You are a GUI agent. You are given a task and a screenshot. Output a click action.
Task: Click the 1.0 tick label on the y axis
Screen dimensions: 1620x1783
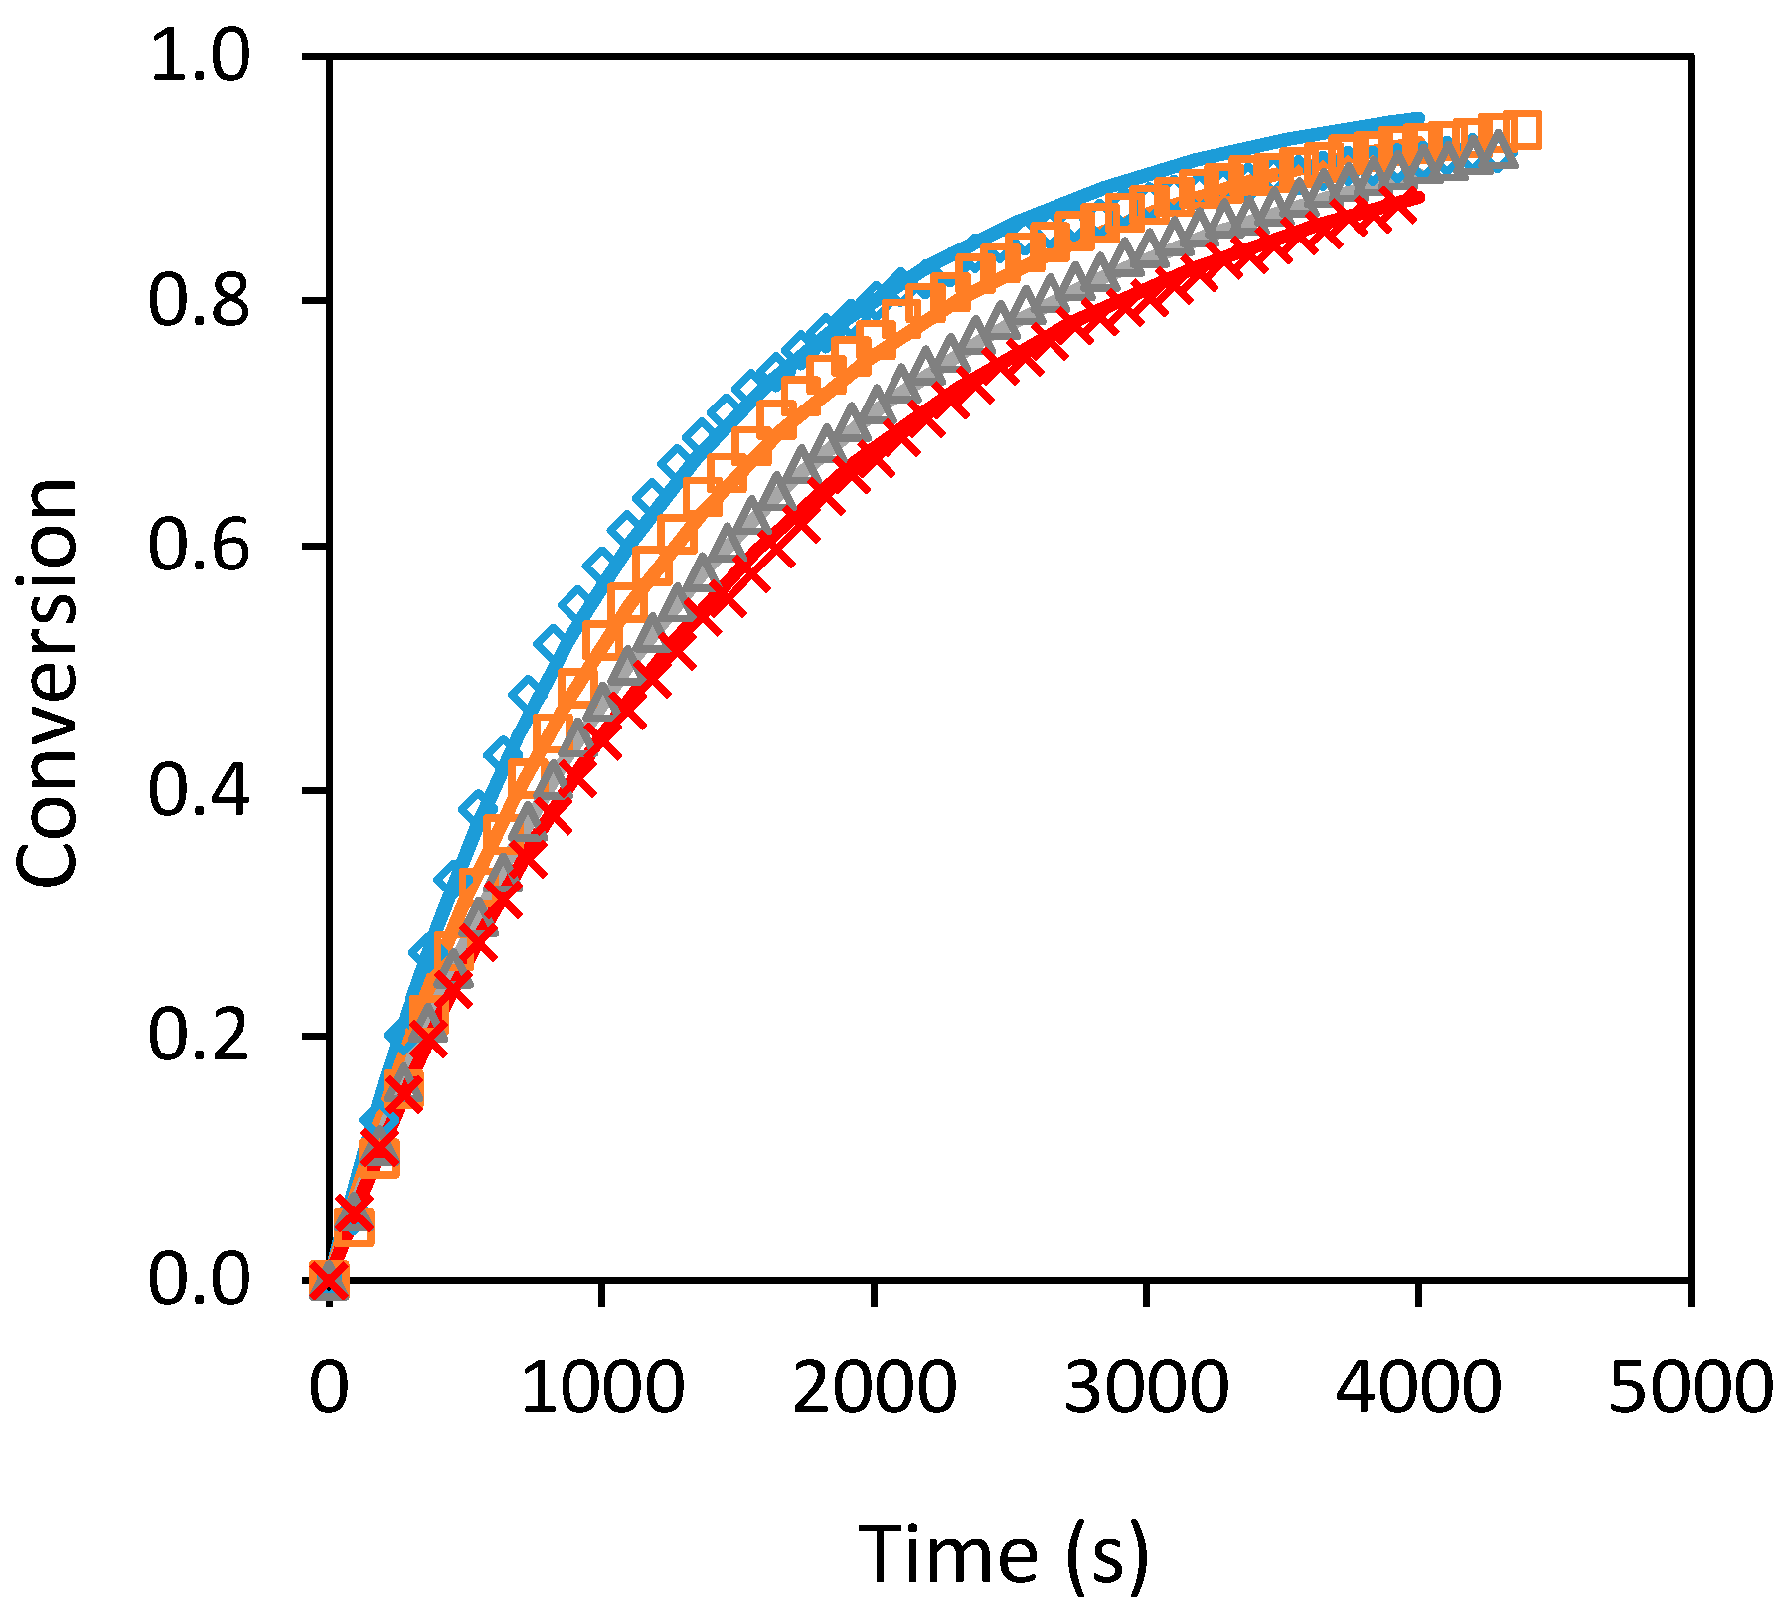(x=198, y=57)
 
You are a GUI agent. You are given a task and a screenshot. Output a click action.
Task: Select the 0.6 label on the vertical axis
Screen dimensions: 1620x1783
(x=198, y=546)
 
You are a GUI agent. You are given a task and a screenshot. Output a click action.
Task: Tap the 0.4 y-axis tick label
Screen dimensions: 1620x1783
(x=198, y=790)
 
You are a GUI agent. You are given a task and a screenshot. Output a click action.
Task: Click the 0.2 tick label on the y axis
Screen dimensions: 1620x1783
(x=198, y=1035)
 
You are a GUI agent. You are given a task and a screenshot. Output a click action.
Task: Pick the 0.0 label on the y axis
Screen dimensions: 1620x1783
(x=198, y=1279)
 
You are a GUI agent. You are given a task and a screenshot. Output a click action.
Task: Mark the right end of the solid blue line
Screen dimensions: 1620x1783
(x=1419, y=118)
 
